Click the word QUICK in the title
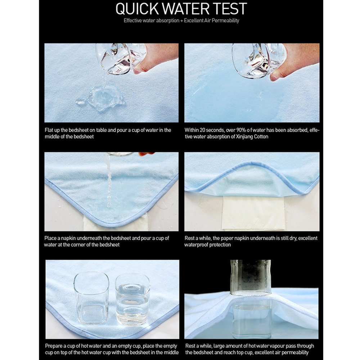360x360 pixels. pyautogui.click(x=137, y=9)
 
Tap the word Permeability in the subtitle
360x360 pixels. pyautogui.click(x=225, y=21)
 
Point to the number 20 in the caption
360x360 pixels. pyautogui.click(x=202, y=130)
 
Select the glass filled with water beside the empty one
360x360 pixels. pyautogui.click(x=132, y=299)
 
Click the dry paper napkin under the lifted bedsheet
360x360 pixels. pyautogui.click(x=253, y=212)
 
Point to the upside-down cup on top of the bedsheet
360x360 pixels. pyautogui.click(x=251, y=277)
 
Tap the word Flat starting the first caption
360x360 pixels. pyautogui.click(x=49, y=130)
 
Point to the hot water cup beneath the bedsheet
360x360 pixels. pyautogui.click(x=252, y=319)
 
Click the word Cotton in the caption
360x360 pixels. pyautogui.click(x=261, y=136)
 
